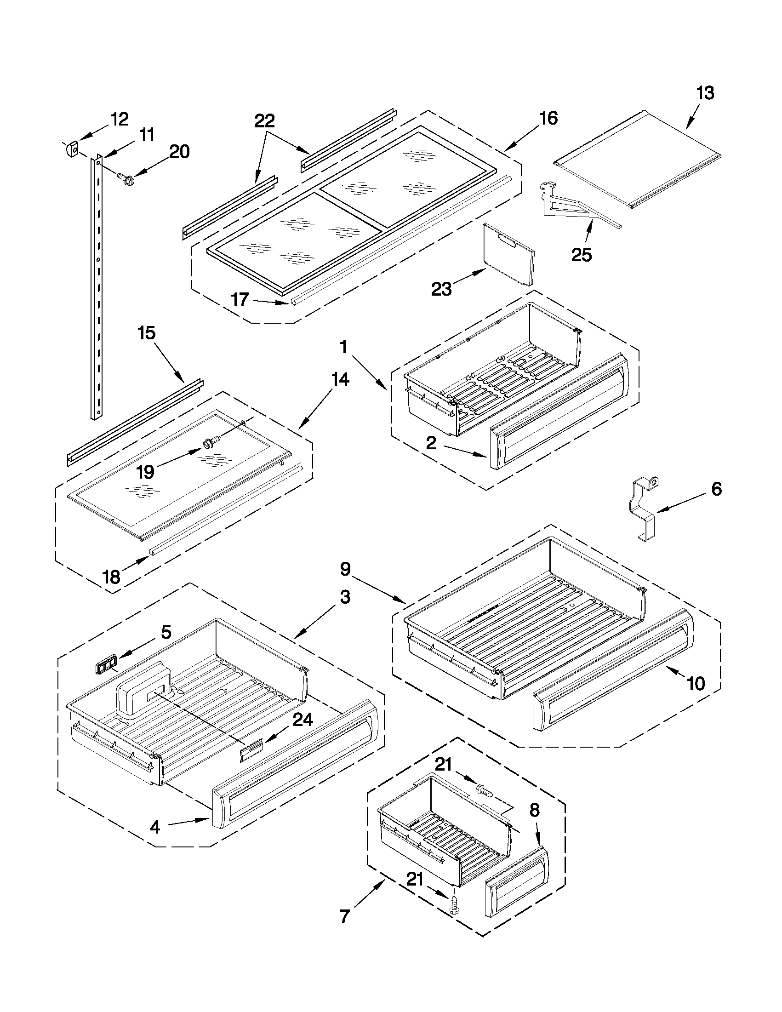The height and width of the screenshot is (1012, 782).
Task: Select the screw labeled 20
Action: click(x=124, y=178)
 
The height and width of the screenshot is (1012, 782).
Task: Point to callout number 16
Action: click(x=548, y=119)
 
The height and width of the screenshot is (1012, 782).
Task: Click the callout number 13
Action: click(x=705, y=93)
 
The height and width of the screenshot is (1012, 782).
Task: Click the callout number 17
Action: click(x=240, y=299)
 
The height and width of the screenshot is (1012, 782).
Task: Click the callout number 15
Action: click(x=147, y=333)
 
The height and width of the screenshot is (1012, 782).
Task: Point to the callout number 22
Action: click(x=264, y=121)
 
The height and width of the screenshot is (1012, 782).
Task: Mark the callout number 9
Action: click(x=346, y=569)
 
